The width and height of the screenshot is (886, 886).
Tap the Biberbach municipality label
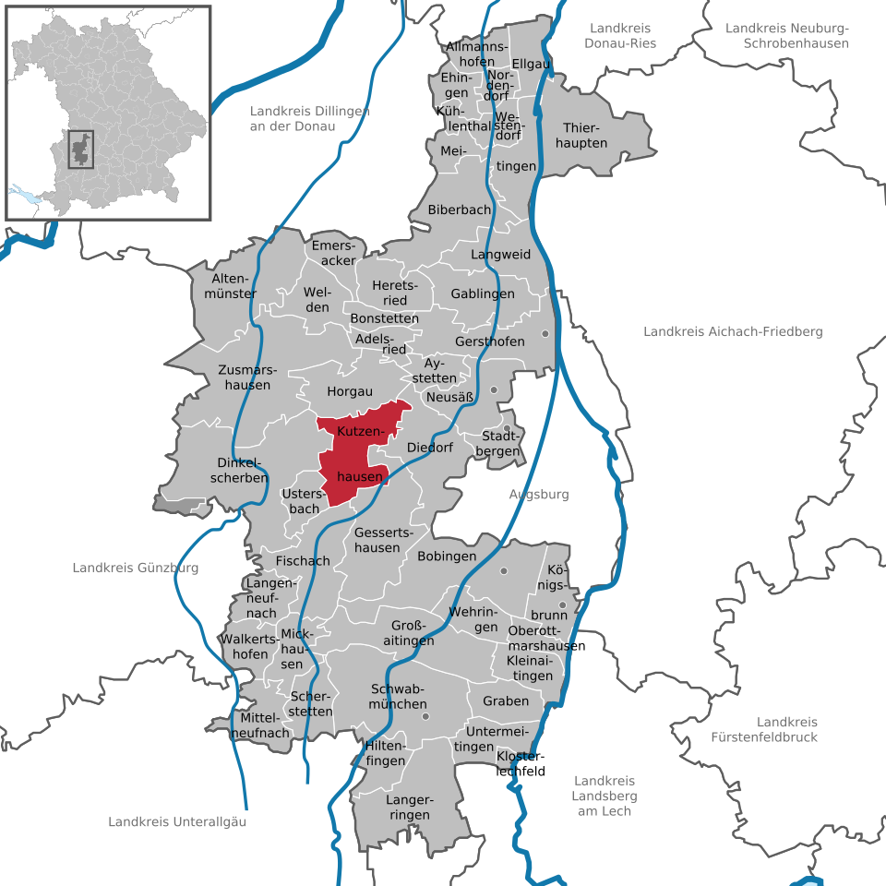[460, 210]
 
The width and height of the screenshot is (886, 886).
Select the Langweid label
[501, 254]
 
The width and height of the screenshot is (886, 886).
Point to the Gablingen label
[483, 293]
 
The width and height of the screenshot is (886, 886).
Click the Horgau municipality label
[350, 391]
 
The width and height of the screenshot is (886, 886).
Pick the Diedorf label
[430, 448]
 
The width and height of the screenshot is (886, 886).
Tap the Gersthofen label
[490, 341]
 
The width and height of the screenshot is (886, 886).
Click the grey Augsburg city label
[539, 495]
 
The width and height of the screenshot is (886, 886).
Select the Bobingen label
[447, 557]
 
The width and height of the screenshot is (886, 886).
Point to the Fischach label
[303, 561]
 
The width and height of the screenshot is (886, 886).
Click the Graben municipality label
[506, 700]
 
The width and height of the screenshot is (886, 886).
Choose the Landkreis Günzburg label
[136, 568]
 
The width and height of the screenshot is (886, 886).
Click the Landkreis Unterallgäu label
[177, 821]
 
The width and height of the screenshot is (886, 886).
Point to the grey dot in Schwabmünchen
[425, 715]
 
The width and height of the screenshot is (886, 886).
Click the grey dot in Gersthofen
[545, 333]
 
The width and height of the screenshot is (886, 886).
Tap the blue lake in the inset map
[27, 196]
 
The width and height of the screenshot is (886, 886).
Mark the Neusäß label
[450, 398]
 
